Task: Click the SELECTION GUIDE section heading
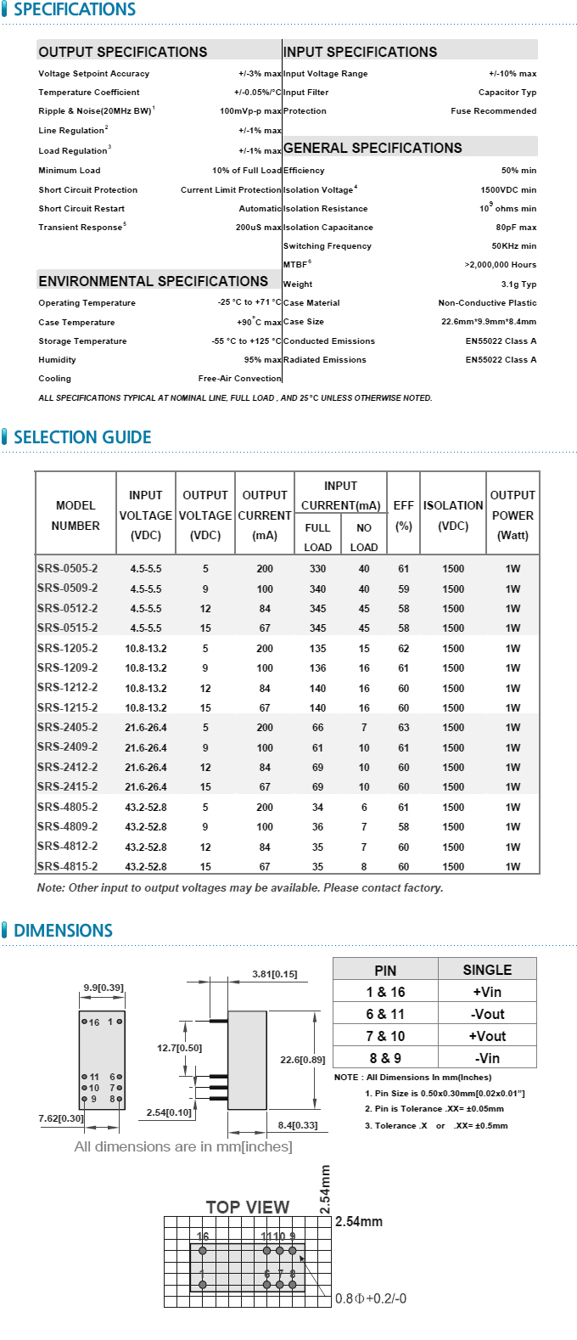82,437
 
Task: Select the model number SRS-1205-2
67,648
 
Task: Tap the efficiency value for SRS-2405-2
403,728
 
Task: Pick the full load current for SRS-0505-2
317,569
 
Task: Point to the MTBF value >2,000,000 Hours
500,265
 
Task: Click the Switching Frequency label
328,246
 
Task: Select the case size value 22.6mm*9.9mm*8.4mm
489,322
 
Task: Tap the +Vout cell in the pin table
487,1036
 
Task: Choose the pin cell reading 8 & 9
385,1058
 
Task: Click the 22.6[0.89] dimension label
303,1060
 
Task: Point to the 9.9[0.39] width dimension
104,988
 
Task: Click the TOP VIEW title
248,1207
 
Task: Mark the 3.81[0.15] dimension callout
275,974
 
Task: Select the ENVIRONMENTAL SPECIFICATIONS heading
153,281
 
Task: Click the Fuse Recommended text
493,111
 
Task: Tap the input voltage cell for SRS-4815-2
146,867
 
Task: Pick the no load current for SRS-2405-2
364,728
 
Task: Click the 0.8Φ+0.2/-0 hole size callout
371,1298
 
